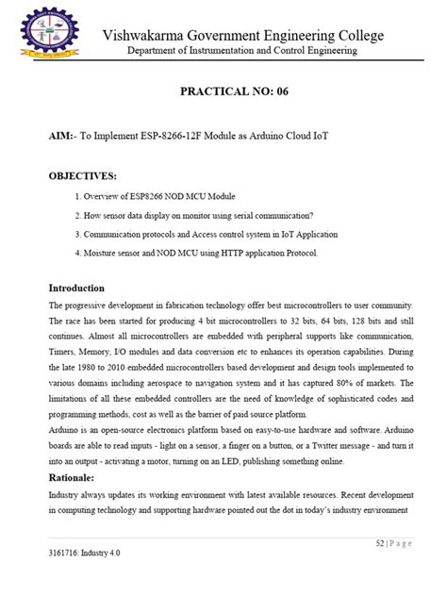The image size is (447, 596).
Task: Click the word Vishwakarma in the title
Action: tap(149, 35)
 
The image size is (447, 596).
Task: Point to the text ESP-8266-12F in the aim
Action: tap(177, 136)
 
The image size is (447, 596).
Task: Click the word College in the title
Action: tap(357, 35)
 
